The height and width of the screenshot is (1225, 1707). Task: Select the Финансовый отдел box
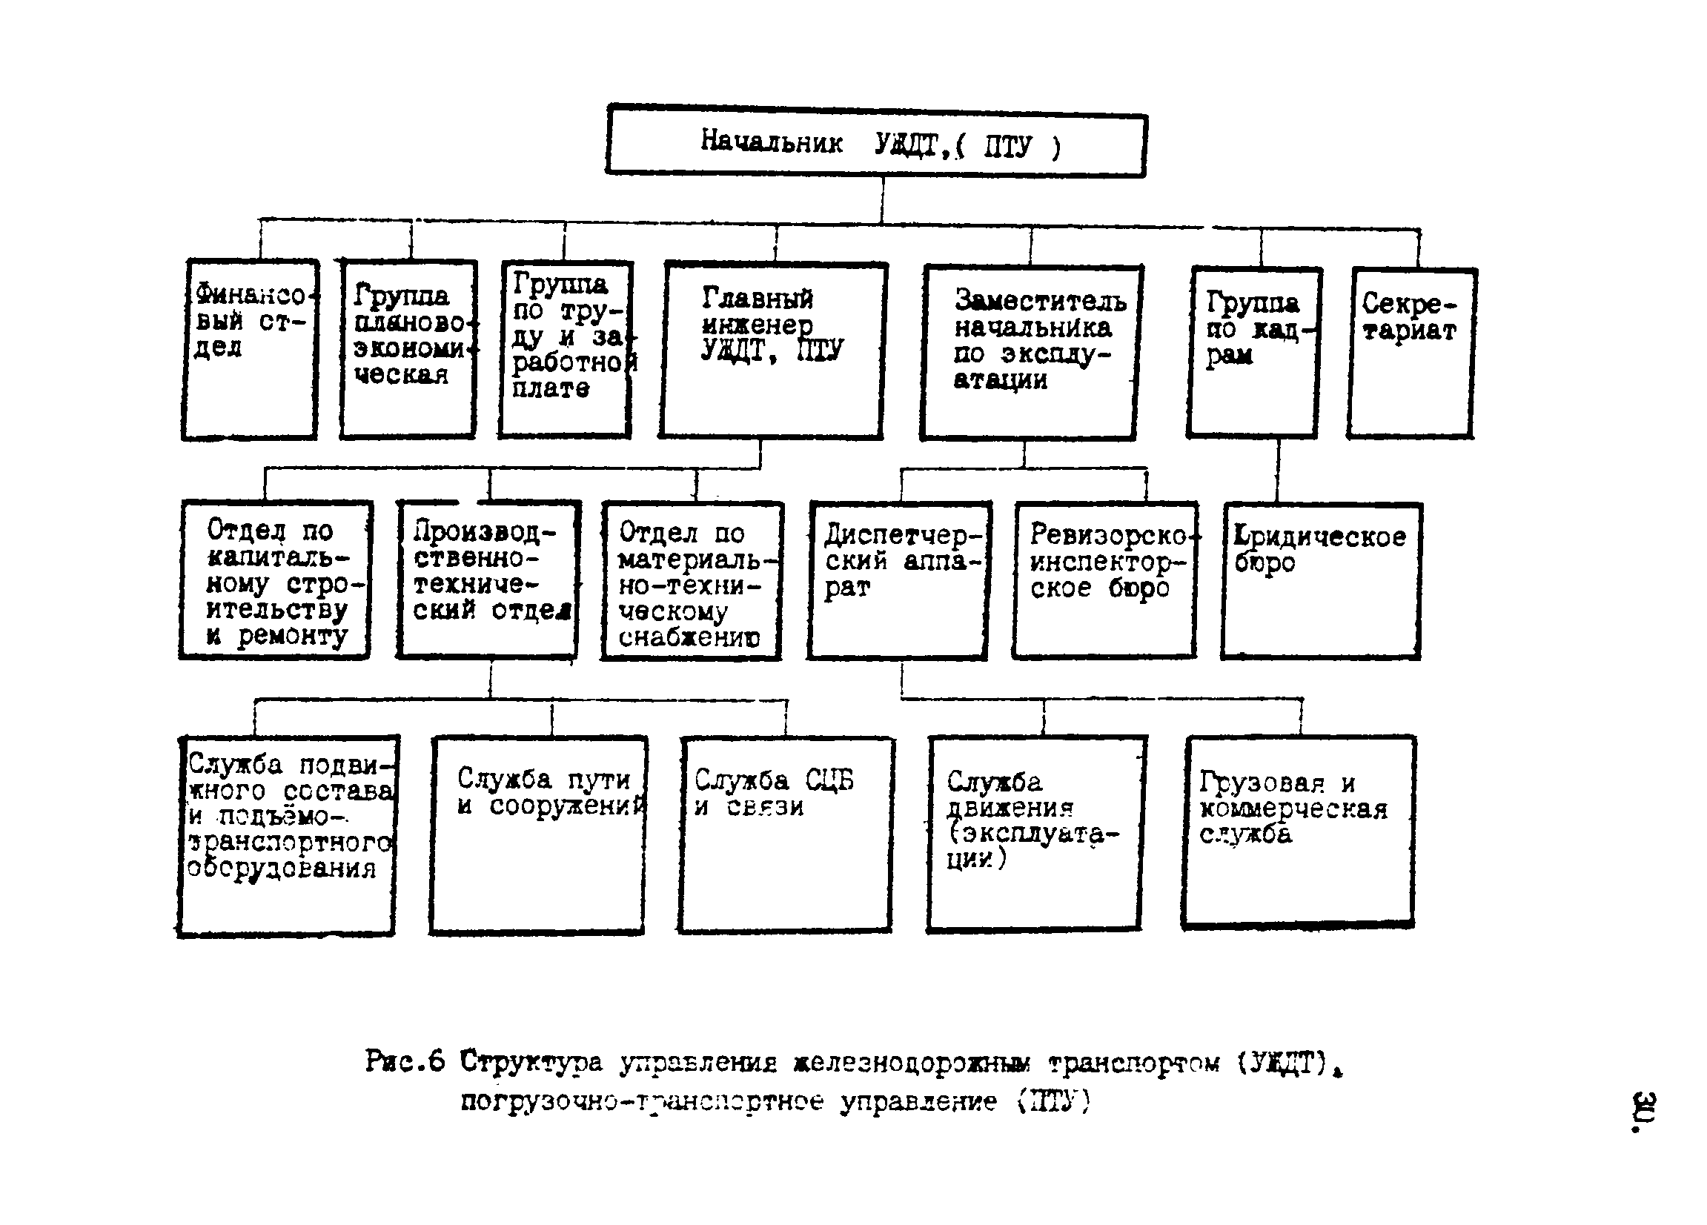pos(250,349)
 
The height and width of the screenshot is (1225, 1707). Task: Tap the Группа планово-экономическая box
pos(408,349)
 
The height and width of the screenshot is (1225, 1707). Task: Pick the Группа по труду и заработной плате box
pos(566,349)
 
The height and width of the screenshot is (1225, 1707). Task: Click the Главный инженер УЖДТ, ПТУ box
pos(772,351)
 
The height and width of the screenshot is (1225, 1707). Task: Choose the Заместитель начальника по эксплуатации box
pos(1030,352)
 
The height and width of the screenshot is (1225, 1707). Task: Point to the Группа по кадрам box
pos(1253,352)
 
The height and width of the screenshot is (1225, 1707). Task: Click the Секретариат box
pos(1411,352)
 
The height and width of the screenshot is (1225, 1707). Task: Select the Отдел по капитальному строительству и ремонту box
pos(276,580)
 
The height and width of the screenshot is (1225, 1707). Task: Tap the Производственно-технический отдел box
pos(488,580)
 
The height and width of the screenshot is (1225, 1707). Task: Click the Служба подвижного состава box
pos(288,836)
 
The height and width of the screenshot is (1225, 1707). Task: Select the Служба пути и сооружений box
pos(538,835)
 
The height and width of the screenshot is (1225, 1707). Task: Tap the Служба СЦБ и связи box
pos(786,835)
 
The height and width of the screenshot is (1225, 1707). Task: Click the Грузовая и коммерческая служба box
pos(1298,832)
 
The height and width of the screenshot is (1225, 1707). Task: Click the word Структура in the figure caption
pos(531,1061)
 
